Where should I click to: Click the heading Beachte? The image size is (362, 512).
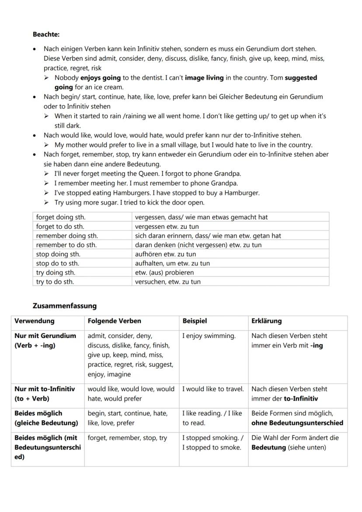46,34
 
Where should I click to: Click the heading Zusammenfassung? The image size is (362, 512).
64,306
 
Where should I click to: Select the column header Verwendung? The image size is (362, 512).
35,321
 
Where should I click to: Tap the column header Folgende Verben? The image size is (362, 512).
114,321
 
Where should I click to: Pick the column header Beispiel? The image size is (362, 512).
194,321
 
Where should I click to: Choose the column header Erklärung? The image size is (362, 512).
266,321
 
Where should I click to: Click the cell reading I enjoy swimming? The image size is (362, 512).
209,336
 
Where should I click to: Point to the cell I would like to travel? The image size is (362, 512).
213,389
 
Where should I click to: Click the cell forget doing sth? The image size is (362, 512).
61,217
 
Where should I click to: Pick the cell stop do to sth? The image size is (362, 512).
58,263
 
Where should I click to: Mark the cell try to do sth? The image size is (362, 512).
55,282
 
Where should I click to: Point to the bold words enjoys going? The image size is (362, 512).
101,77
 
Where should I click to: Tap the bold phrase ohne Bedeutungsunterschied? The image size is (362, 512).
297,423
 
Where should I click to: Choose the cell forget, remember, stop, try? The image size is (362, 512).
127,438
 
